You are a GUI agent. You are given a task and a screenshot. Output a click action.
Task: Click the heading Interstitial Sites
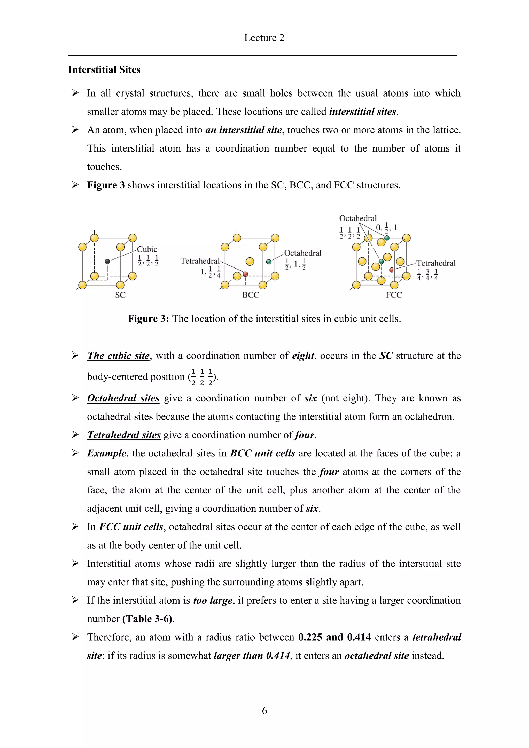(104, 70)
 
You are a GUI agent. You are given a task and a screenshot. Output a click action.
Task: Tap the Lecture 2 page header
(264, 38)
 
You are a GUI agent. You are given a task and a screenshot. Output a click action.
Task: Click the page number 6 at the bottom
(264, 710)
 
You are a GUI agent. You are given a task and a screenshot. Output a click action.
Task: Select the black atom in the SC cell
(107, 261)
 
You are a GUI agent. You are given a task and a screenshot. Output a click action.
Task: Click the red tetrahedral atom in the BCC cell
(245, 274)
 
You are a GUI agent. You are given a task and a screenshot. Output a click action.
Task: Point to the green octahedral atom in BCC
(269, 262)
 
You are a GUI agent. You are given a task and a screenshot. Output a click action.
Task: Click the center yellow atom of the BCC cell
(250, 261)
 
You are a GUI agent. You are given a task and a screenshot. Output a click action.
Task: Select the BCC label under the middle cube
(251, 295)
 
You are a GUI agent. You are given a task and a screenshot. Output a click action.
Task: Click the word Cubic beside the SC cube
(147, 250)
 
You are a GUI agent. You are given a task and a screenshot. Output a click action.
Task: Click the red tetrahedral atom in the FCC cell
(391, 270)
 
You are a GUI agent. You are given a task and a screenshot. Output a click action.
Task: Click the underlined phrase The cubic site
(118, 356)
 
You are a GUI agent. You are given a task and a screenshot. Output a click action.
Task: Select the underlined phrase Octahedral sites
(123, 398)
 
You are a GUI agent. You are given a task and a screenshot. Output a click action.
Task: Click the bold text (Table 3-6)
(147, 619)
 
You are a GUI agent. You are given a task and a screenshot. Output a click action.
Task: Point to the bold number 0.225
(310, 637)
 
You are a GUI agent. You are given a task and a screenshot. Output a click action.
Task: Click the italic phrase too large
(213, 600)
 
